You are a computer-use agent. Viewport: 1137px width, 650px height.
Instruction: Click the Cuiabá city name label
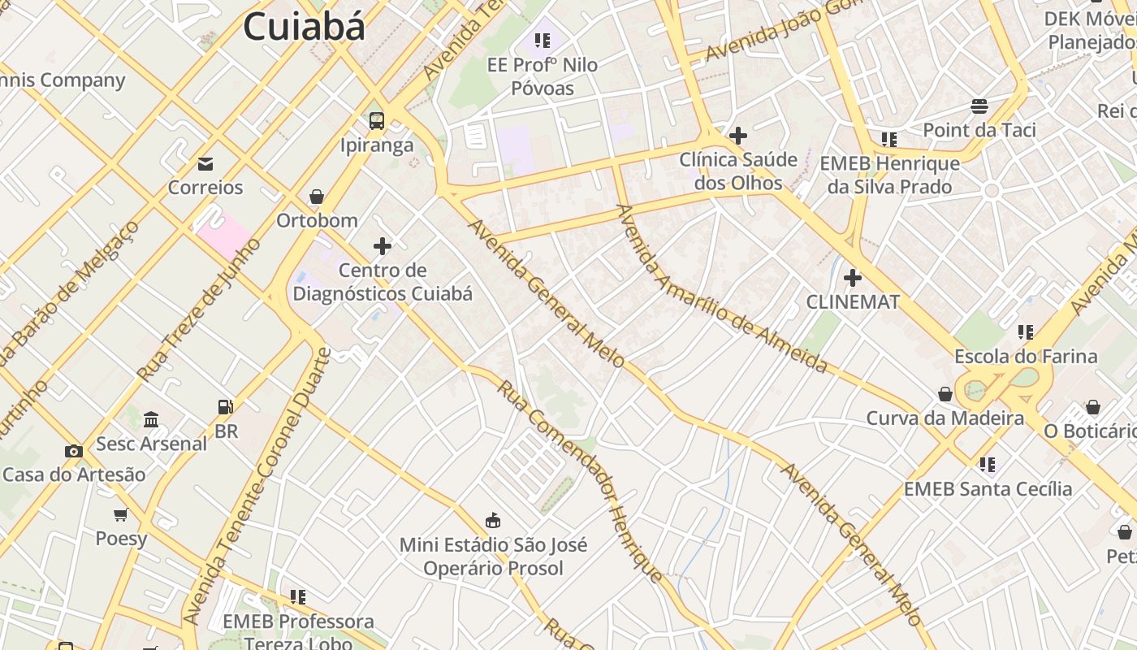tap(305, 27)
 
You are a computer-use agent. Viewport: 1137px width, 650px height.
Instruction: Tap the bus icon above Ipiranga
tap(377, 121)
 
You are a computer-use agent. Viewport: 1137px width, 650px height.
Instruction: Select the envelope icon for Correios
tap(205, 164)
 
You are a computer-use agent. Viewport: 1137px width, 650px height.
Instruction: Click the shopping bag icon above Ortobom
tap(317, 197)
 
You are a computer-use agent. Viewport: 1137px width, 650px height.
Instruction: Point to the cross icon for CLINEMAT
tap(852, 278)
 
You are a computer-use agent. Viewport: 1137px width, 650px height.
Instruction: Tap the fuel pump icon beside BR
tap(225, 407)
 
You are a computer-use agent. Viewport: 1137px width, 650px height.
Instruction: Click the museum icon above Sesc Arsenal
tap(151, 420)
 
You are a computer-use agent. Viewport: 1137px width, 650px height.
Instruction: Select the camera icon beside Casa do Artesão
tap(74, 451)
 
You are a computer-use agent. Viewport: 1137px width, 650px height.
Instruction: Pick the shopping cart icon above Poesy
tap(121, 514)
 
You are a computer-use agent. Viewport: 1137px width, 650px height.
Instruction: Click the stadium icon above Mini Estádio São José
tap(492, 520)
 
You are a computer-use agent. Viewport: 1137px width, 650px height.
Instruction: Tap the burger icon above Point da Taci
tap(979, 106)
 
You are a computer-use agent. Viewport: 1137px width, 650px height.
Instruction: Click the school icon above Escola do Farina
tap(1026, 332)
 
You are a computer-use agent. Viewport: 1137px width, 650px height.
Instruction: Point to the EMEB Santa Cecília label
tap(988, 488)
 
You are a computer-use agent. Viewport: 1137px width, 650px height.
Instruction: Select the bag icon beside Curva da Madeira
tap(945, 395)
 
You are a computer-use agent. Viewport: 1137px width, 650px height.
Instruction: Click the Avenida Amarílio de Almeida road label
tap(721, 289)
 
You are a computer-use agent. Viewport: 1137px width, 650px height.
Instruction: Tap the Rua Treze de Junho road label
tap(199, 310)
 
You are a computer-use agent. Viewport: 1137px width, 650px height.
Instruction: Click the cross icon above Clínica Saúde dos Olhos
tap(738, 136)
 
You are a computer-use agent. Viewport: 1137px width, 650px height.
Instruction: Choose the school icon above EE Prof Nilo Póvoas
tap(543, 40)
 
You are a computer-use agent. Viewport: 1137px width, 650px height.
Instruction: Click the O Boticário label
tap(1090, 431)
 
